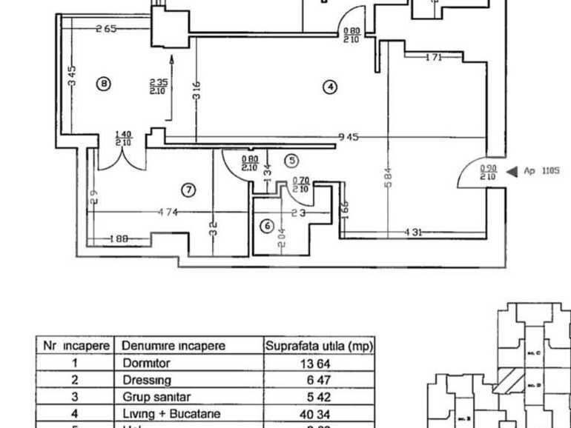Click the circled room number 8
click(103, 84)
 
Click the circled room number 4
click(330, 87)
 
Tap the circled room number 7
click(189, 190)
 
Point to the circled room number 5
click(291, 160)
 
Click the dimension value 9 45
click(349, 136)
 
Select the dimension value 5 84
click(388, 178)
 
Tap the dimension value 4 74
click(167, 213)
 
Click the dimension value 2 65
click(107, 29)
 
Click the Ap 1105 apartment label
click(542, 171)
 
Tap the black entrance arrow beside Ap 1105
click(511, 171)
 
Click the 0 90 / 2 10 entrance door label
click(487, 173)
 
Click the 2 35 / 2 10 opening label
click(157, 87)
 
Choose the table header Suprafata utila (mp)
click(319, 346)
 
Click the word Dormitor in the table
click(146, 364)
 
